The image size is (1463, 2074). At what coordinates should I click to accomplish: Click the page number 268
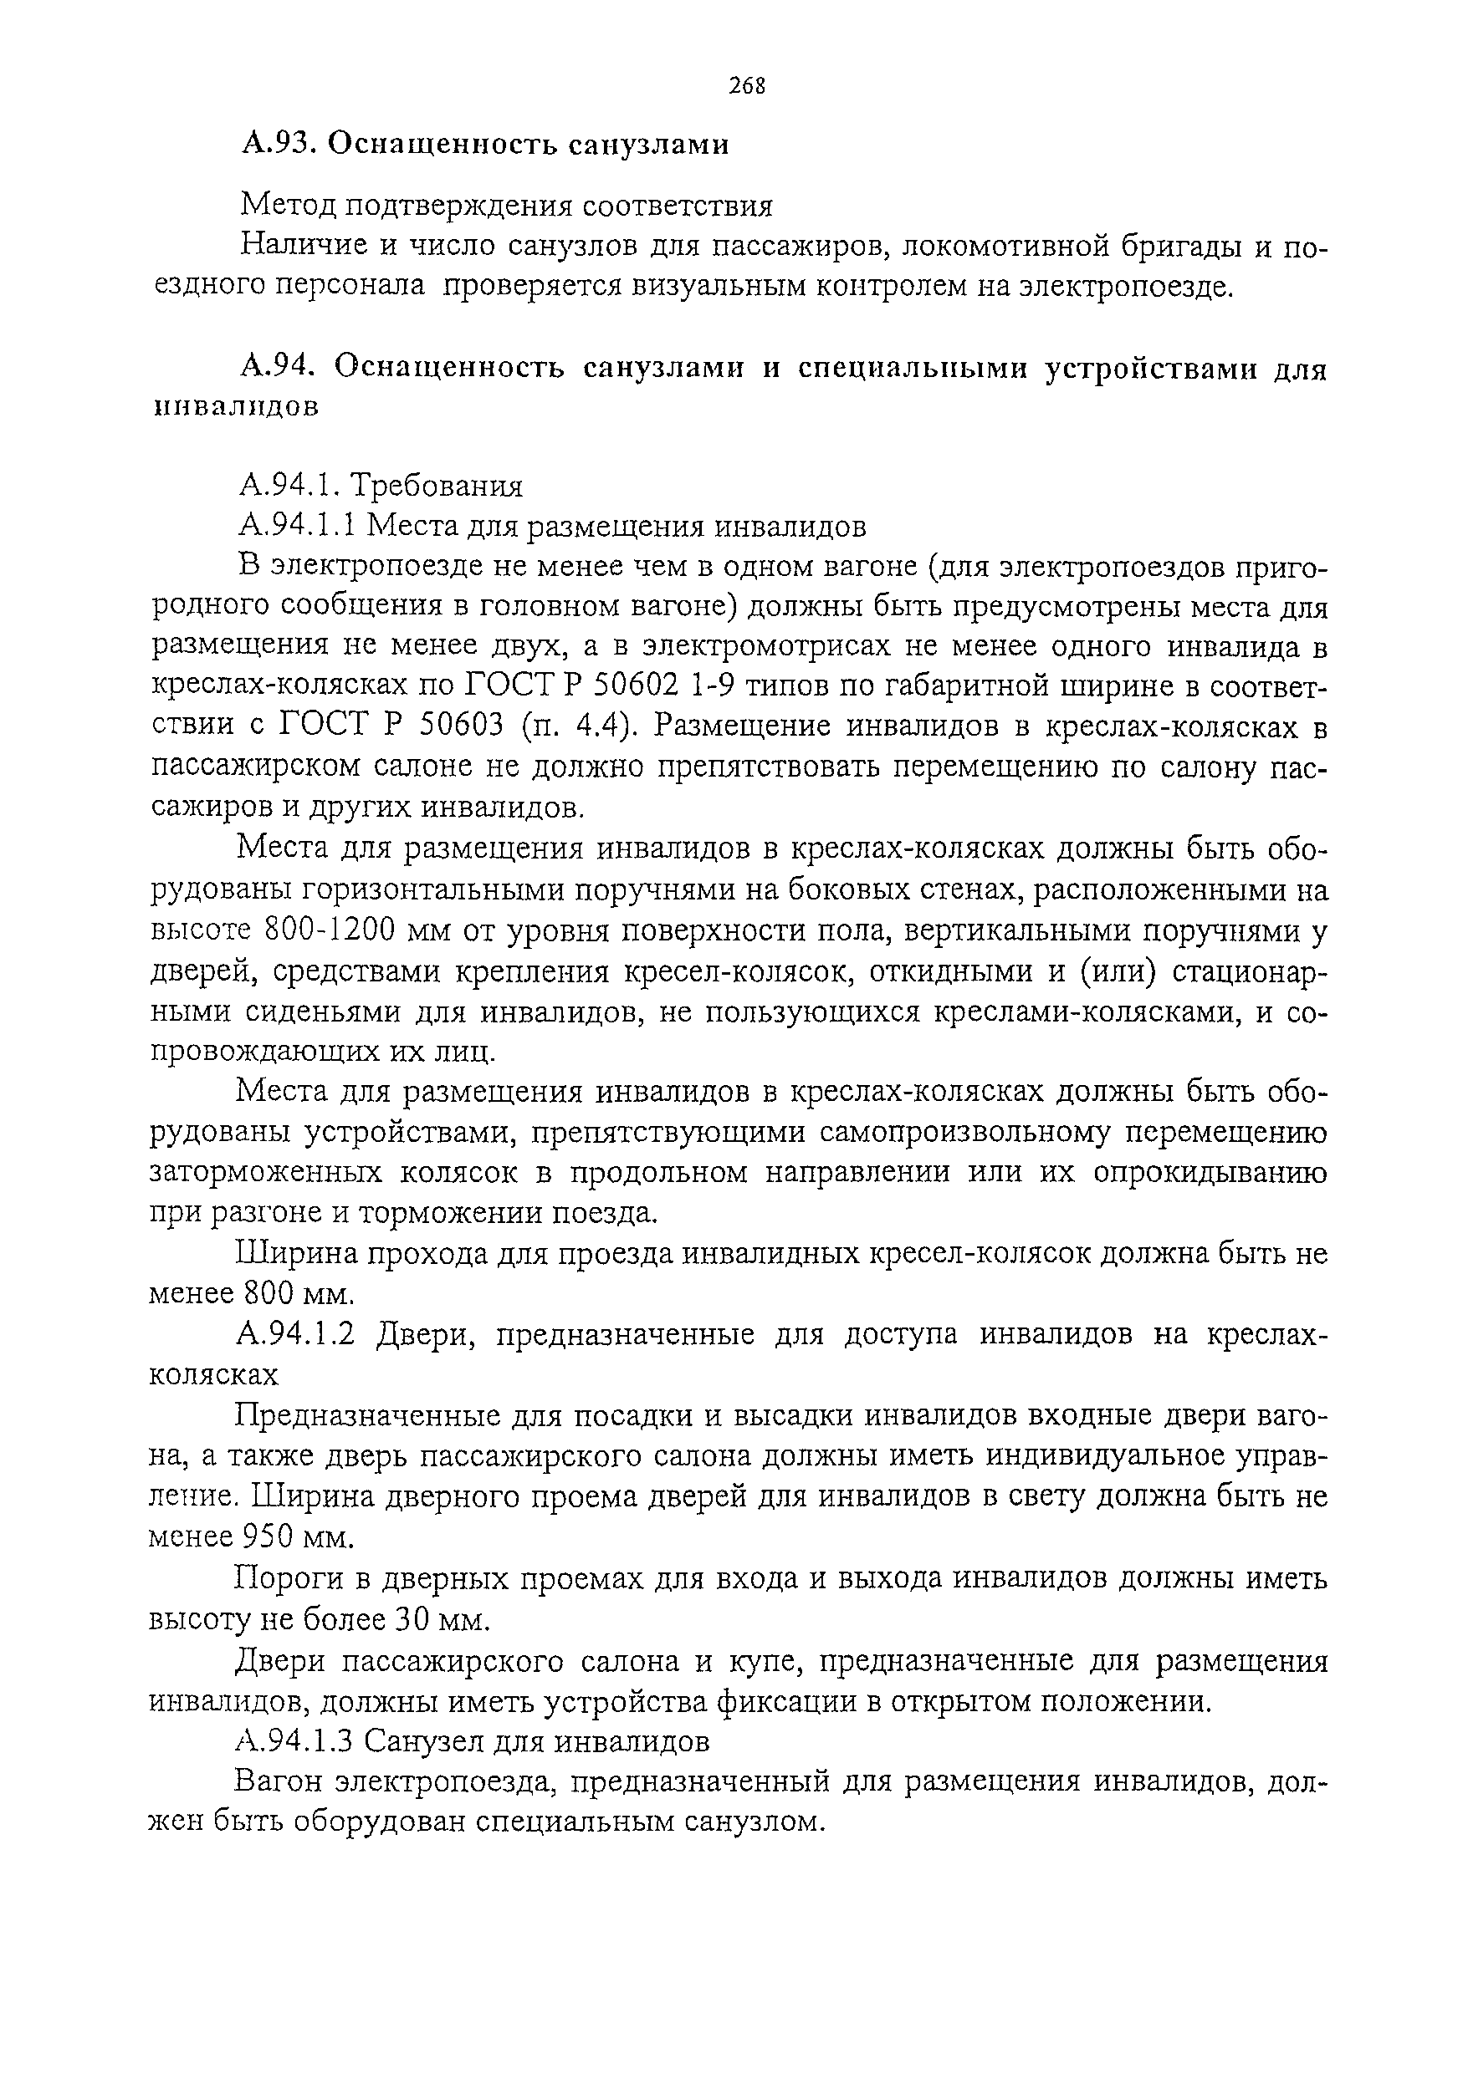click(x=746, y=86)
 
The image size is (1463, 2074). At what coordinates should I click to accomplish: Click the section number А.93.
click(x=277, y=144)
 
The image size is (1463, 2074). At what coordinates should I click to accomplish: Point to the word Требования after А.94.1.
click(x=437, y=486)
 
